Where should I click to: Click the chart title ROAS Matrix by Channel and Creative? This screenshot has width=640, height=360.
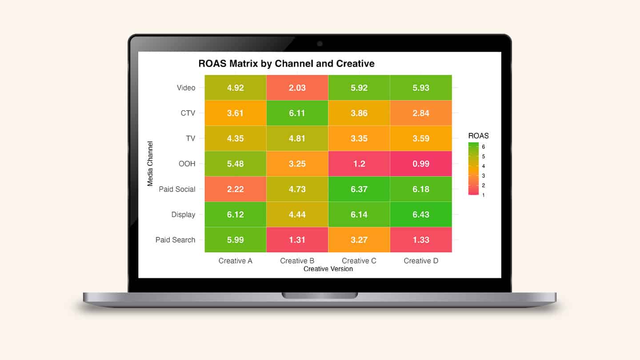click(286, 64)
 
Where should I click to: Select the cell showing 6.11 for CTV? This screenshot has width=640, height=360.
click(297, 113)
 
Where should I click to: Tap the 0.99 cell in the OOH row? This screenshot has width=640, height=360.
click(421, 164)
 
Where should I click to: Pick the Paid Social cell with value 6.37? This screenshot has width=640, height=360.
click(359, 189)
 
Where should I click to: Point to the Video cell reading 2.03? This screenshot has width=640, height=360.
click(297, 88)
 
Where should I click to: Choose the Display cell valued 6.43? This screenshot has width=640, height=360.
click(421, 214)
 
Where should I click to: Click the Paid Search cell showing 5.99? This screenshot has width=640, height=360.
click(235, 240)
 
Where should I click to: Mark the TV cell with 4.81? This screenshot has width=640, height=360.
click(297, 138)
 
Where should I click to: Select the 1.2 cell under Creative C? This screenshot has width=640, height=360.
click(359, 164)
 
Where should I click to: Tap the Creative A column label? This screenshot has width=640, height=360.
click(235, 261)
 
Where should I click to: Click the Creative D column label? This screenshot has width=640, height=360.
click(421, 261)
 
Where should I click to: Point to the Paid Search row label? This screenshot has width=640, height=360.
click(175, 240)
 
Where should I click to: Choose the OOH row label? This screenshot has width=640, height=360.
click(187, 164)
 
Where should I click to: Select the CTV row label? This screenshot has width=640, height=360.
click(188, 113)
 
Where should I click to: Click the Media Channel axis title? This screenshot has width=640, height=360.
click(150, 164)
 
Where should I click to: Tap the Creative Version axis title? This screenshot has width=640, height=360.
click(328, 269)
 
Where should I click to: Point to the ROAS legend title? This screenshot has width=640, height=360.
click(478, 136)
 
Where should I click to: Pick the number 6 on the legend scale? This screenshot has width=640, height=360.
click(483, 147)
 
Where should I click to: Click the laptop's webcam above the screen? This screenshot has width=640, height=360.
click(320, 44)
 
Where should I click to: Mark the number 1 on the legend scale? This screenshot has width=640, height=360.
click(483, 195)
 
